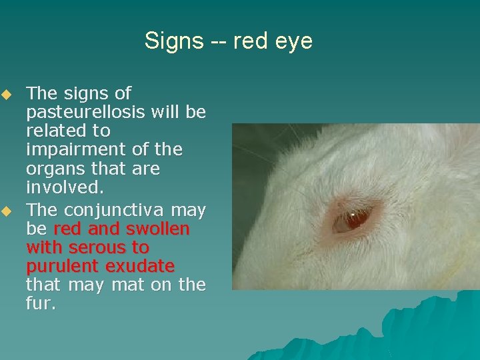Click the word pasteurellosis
tap(87, 112)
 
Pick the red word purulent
tap(63, 267)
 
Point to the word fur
tap(41, 305)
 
